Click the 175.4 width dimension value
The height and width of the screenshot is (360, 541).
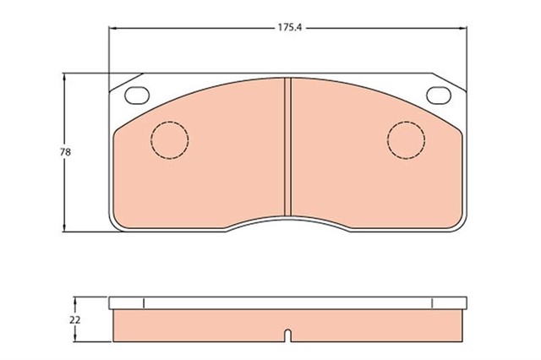(290, 28)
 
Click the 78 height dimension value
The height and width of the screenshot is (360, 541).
(64, 152)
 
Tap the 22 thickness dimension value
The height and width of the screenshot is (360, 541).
(74, 320)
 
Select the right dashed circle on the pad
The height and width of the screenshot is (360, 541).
(407, 139)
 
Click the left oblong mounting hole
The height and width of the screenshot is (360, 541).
(135, 95)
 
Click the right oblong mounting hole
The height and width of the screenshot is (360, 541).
(440, 95)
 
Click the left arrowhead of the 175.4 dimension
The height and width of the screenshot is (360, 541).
(113, 28)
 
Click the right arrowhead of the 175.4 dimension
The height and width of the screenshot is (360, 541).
(465, 28)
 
